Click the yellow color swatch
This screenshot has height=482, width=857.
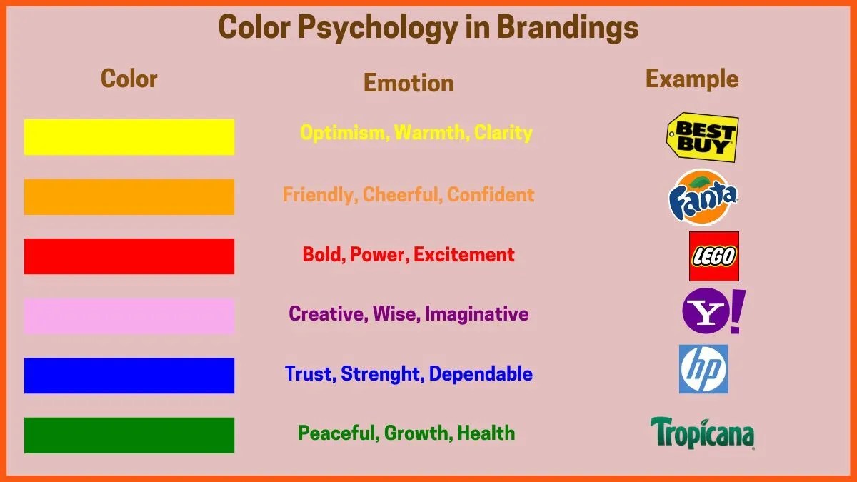pyautogui.click(x=129, y=137)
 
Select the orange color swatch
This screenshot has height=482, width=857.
pyautogui.click(x=129, y=196)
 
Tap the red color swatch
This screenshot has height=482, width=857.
pyautogui.click(x=129, y=256)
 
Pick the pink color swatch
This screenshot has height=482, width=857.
pyautogui.click(x=129, y=316)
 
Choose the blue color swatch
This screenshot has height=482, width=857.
pyautogui.click(x=129, y=376)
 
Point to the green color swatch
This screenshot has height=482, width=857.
pyautogui.click(x=129, y=435)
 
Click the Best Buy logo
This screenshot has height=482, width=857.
pyautogui.click(x=703, y=137)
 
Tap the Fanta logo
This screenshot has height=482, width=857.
pyautogui.click(x=703, y=196)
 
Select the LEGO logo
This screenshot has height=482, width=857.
pyautogui.click(x=713, y=256)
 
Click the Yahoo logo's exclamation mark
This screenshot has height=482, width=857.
pyautogui.click(x=737, y=311)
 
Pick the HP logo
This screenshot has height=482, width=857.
pyautogui.click(x=703, y=369)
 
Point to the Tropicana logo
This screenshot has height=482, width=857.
pyautogui.click(x=702, y=433)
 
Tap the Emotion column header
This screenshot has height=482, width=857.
pyautogui.click(x=409, y=83)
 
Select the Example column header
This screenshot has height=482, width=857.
pyautogui.click(x=692, y=79)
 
